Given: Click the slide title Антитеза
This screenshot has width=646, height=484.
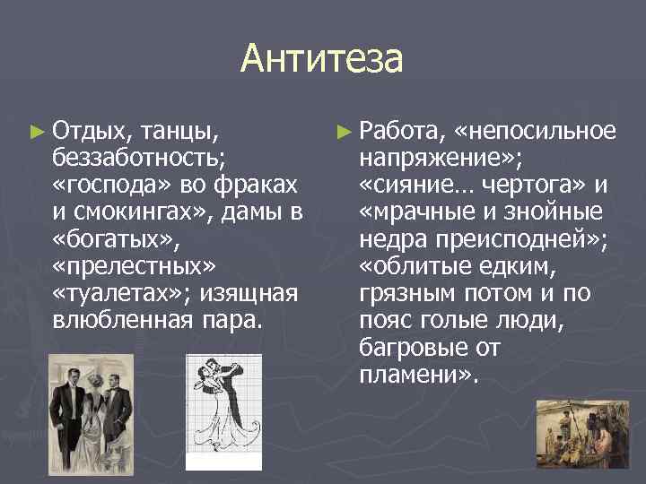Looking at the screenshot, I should tap(322, 60).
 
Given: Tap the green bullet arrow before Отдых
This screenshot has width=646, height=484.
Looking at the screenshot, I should tap(36, 133).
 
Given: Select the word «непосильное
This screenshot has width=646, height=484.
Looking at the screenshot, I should tap(536, 133).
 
